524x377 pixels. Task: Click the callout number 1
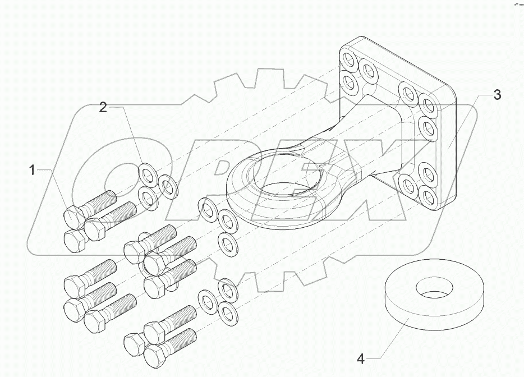point(33,169)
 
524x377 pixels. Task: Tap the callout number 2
point(103,108)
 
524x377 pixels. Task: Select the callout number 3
point(497,95)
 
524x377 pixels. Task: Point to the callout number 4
point(361,357)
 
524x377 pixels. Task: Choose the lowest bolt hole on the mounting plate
point(429,196)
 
